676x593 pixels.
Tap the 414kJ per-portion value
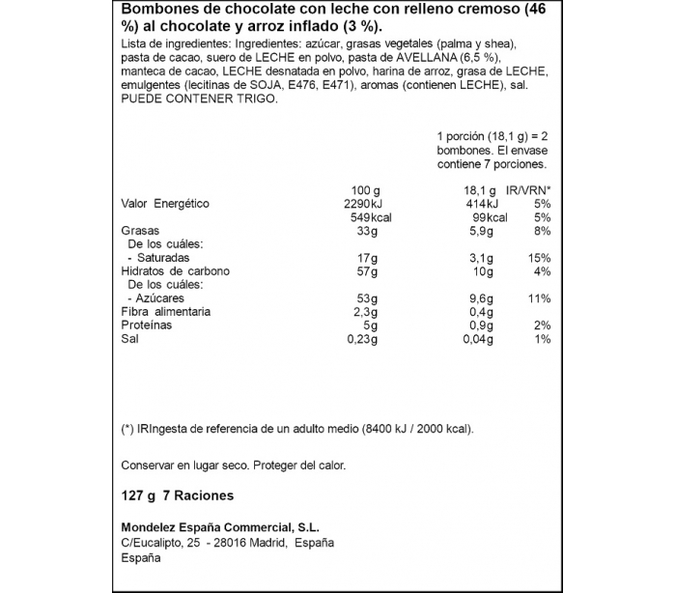(480, 204)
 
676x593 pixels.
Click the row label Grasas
(140, 232)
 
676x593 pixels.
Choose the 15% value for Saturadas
(540, 259)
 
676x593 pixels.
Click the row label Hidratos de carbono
(176, 272)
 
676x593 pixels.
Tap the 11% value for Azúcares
(540, 299)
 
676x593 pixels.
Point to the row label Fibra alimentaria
(165, 313)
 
